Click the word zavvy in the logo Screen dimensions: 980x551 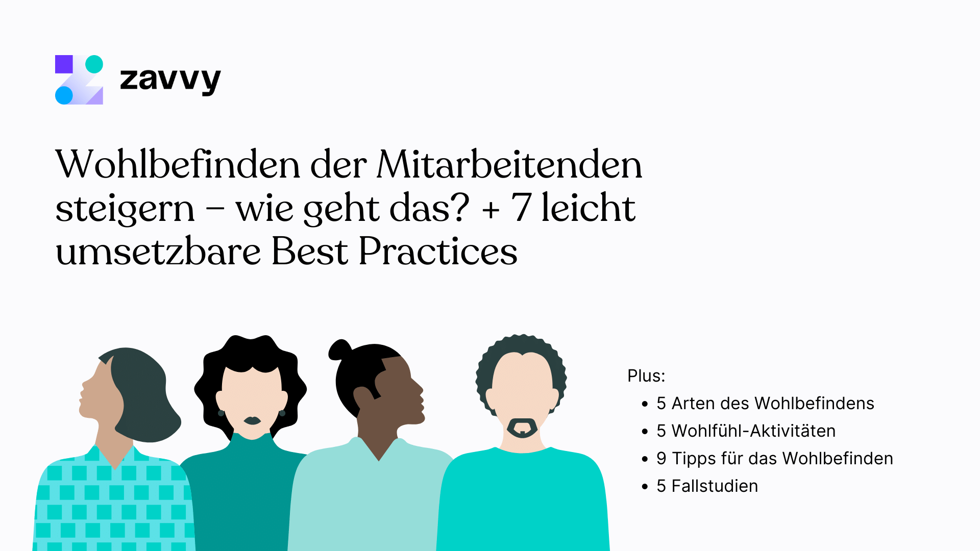pyautogui.click(x=170, y=81)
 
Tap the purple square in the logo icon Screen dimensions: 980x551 pyautogui.click(x=64, y=64)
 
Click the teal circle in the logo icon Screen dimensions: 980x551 pyautogui.click(x=94, y=64)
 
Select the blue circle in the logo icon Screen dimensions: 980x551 pyautogui.click(x=64, y=95)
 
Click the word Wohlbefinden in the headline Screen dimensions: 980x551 pyautogui.click(x=178, y=164)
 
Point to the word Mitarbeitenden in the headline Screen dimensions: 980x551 pyautogui.click(x=509, y=164)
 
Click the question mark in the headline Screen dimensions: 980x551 pyautogui.click(x=458, y=207)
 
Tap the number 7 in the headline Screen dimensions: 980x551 pyautogui.click(x=521, y=208)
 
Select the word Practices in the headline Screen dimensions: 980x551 pyautogui.click(x=438, y=251)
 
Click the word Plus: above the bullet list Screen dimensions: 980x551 pyautogui.click(x=646, y=376)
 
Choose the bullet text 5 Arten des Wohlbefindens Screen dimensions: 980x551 pyautogui.click(x=765, y=403)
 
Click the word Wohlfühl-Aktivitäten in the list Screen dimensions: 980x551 pyautogui.click(x=753, y=431)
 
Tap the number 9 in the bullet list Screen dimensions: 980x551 pyautogui.click(x=661, y=459)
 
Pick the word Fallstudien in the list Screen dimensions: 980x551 pyautogui.click(x=715, y=486)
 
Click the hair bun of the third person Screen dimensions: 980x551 pyautogui.click(x=340, y=350)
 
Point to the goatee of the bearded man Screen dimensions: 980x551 pyautogui.click(x=522, y=429)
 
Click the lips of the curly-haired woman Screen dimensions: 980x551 pyautogui.click(x=252, y=421)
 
